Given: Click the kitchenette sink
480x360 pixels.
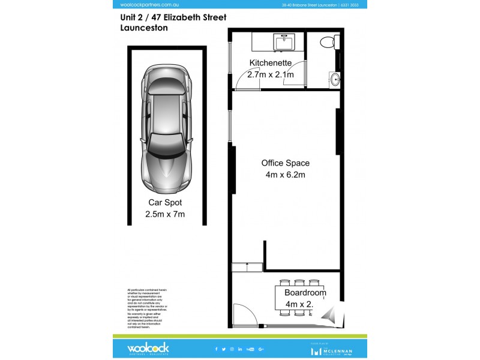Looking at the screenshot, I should (x=283, y=43).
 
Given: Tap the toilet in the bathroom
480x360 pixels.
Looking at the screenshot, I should (x=328, y=42).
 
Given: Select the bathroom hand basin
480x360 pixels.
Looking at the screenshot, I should (x=334, y=79).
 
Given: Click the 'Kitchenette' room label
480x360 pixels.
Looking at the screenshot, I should (x=271, y=63).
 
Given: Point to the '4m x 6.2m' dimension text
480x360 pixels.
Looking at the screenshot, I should (x=286, y=175).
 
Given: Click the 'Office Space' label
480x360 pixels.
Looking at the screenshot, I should (x=286, y=163).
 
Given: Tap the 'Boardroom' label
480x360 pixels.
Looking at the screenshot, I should (x=305, y=293).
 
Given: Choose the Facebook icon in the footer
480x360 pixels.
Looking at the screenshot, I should (x=216, y=349).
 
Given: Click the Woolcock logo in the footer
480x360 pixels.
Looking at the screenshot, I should (x=148, y=348).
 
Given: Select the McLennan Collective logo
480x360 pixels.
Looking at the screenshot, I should (x=334, y=349).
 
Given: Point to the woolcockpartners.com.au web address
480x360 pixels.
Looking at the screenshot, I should (x=142, y=5).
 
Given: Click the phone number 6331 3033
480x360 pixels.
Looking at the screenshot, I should (x=357, y=5).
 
